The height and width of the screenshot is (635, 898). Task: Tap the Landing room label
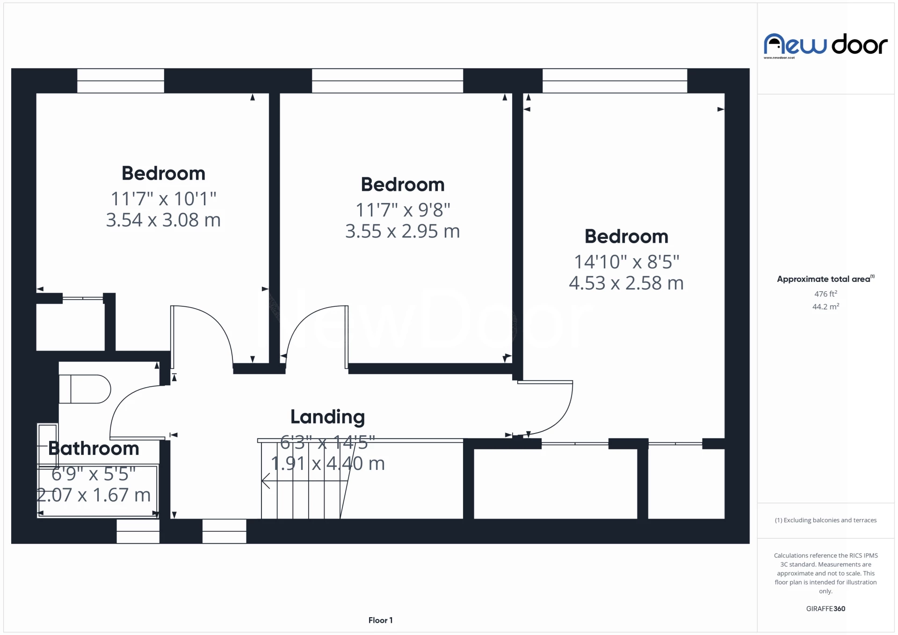(x=327, y=417)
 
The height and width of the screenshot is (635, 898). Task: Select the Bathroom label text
(x=94, y=448)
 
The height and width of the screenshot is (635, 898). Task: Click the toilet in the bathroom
(x=85, y=389)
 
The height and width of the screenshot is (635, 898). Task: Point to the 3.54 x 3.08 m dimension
(x=163, y=220)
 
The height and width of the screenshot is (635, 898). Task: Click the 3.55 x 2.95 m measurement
(x=403, y=231)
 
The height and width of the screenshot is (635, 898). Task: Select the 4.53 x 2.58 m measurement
(x=626, y=283)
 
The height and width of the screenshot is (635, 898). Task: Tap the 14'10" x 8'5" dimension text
(x=627, y=262)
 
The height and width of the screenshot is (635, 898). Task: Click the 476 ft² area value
(x=826, y=294)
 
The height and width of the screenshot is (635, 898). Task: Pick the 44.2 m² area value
(x=826, y=306)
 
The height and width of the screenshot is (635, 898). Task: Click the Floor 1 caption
(x=380, y=620)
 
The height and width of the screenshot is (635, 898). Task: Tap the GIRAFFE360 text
(x=826, y=608)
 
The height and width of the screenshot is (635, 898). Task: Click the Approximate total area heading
(x=826, y=279)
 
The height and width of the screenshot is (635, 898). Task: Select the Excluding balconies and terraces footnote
(x=826, y=520)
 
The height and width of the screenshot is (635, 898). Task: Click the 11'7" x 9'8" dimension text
(x=403, y=210)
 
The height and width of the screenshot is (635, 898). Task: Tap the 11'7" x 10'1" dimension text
(x=163, y=199)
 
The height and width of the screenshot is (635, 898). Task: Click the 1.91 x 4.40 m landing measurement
(x=328, y=463)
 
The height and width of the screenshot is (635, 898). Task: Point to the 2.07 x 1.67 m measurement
(x=94, y=495)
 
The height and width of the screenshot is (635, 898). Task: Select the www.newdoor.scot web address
(x=779, y=58)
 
